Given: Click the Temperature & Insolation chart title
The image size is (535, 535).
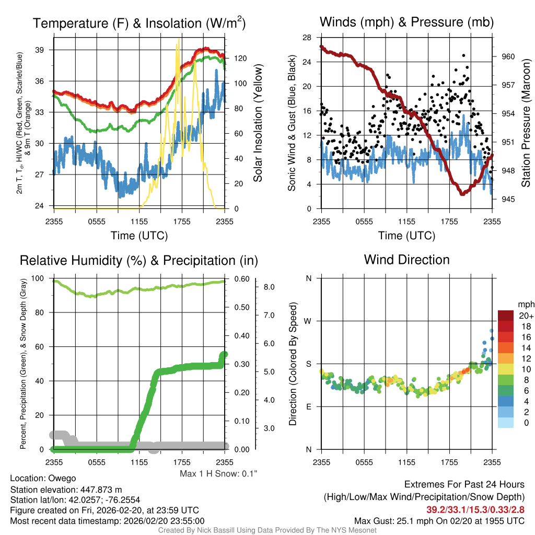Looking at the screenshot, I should click(139, 23).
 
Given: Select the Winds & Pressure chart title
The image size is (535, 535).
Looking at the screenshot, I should click(406, 22).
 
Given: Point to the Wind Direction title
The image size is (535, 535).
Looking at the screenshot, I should click(406, 259).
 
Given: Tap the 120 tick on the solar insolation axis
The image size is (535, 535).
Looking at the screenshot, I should click(236, 59).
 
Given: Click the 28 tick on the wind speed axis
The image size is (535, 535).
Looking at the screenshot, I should click(307, 38).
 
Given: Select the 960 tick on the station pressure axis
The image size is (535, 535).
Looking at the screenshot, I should click(508, 56).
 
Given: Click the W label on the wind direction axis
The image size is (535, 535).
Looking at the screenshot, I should click(308, 321).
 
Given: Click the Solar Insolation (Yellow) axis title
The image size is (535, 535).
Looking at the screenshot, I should click(258, 123).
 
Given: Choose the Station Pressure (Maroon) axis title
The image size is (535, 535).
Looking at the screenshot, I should click(526, 123).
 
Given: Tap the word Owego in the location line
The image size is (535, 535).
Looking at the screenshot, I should click(62, 478).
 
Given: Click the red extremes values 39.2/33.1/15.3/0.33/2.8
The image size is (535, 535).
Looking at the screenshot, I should click(475, 509).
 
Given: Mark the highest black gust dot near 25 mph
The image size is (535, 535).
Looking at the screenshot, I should click(463, 55).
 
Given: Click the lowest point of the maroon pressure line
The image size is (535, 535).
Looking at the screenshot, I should click(462, 194).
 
